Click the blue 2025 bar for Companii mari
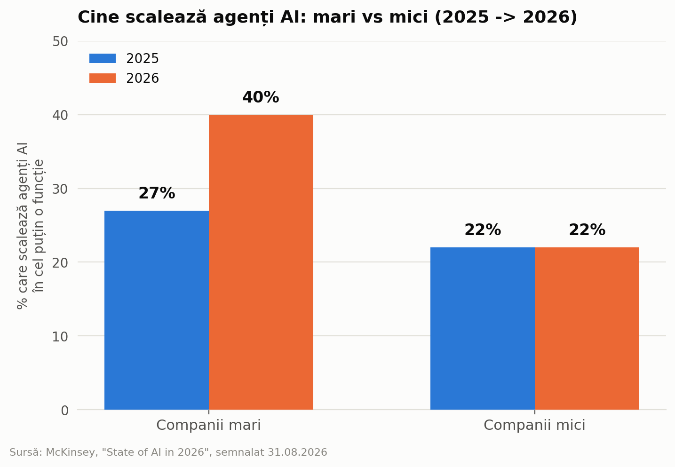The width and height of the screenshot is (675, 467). point(156,310)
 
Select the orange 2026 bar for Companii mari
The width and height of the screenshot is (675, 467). point(261,262)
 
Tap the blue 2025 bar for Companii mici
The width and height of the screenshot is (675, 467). point(483,328)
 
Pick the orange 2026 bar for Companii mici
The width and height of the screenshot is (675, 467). point(587,328)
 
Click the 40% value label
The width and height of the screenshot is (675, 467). point(261,97)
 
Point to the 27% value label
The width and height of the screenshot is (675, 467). point(157,193)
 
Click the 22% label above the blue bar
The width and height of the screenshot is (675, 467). point(483,230)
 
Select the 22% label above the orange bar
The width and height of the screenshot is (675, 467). point(587,230)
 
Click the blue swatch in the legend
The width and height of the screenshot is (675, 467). point(103,58)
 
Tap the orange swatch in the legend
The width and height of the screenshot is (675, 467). point(103,78)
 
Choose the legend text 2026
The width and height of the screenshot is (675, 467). point(142,79)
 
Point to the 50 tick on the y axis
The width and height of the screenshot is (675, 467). point(60,41)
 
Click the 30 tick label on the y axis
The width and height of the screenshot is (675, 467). point(60,189)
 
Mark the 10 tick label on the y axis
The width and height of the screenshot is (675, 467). point(60,336)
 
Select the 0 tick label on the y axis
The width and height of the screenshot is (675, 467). point(64,410)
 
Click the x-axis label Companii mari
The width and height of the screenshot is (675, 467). point(208,425)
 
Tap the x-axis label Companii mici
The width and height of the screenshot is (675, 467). point(534,425)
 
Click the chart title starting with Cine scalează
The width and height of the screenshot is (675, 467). point(327,17)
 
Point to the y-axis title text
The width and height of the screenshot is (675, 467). point(30,226)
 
